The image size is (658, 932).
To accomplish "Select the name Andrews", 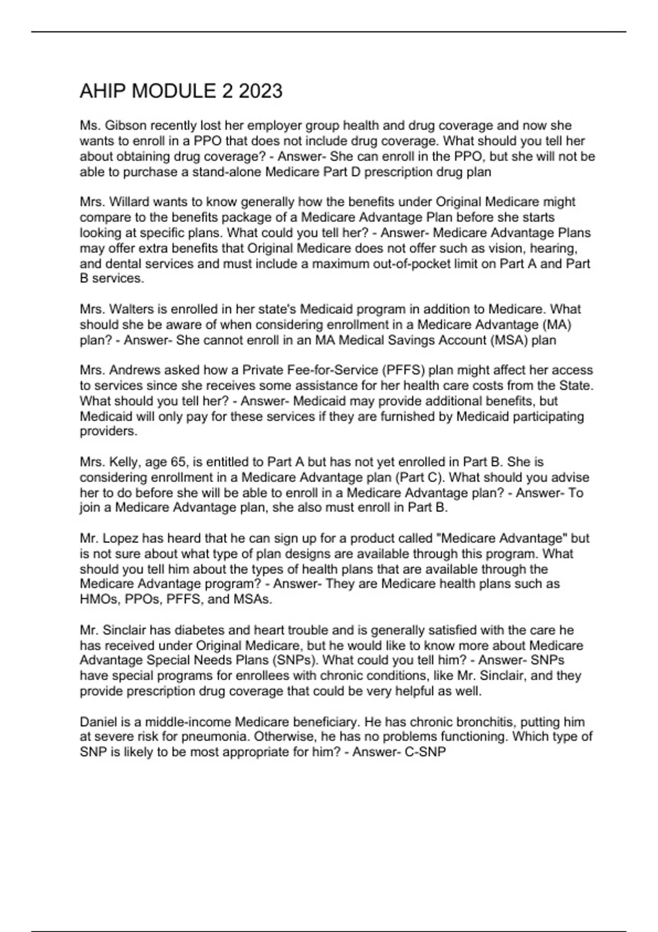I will (x=135, y=370).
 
